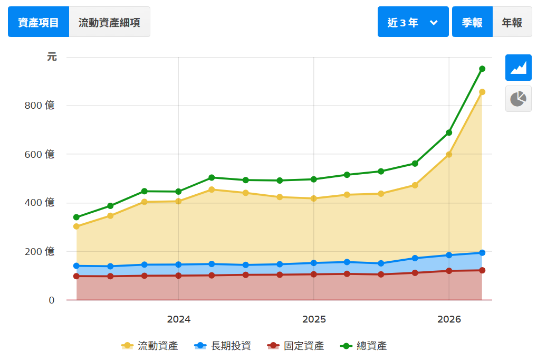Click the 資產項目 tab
[39, 22]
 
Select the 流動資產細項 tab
[110, 22]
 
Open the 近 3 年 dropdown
[413, 22]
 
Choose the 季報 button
[472, 22]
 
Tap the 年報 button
[512, 22]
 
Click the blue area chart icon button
[519, 68]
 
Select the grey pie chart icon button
[519, 99]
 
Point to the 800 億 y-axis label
[40, 105]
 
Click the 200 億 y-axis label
[40, 251]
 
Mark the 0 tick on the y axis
[52, 300]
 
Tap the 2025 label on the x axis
[314, 319]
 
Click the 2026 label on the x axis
[449, 319]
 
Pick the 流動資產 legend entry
[150, 346]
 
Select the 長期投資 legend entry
[223, 346]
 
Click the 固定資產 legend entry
[295, 346]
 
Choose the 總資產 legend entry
[363, 346]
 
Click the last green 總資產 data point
[482, 69]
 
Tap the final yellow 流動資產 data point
[482, 92]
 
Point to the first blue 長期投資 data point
[76, 266]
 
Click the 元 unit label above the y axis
[52, 56]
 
